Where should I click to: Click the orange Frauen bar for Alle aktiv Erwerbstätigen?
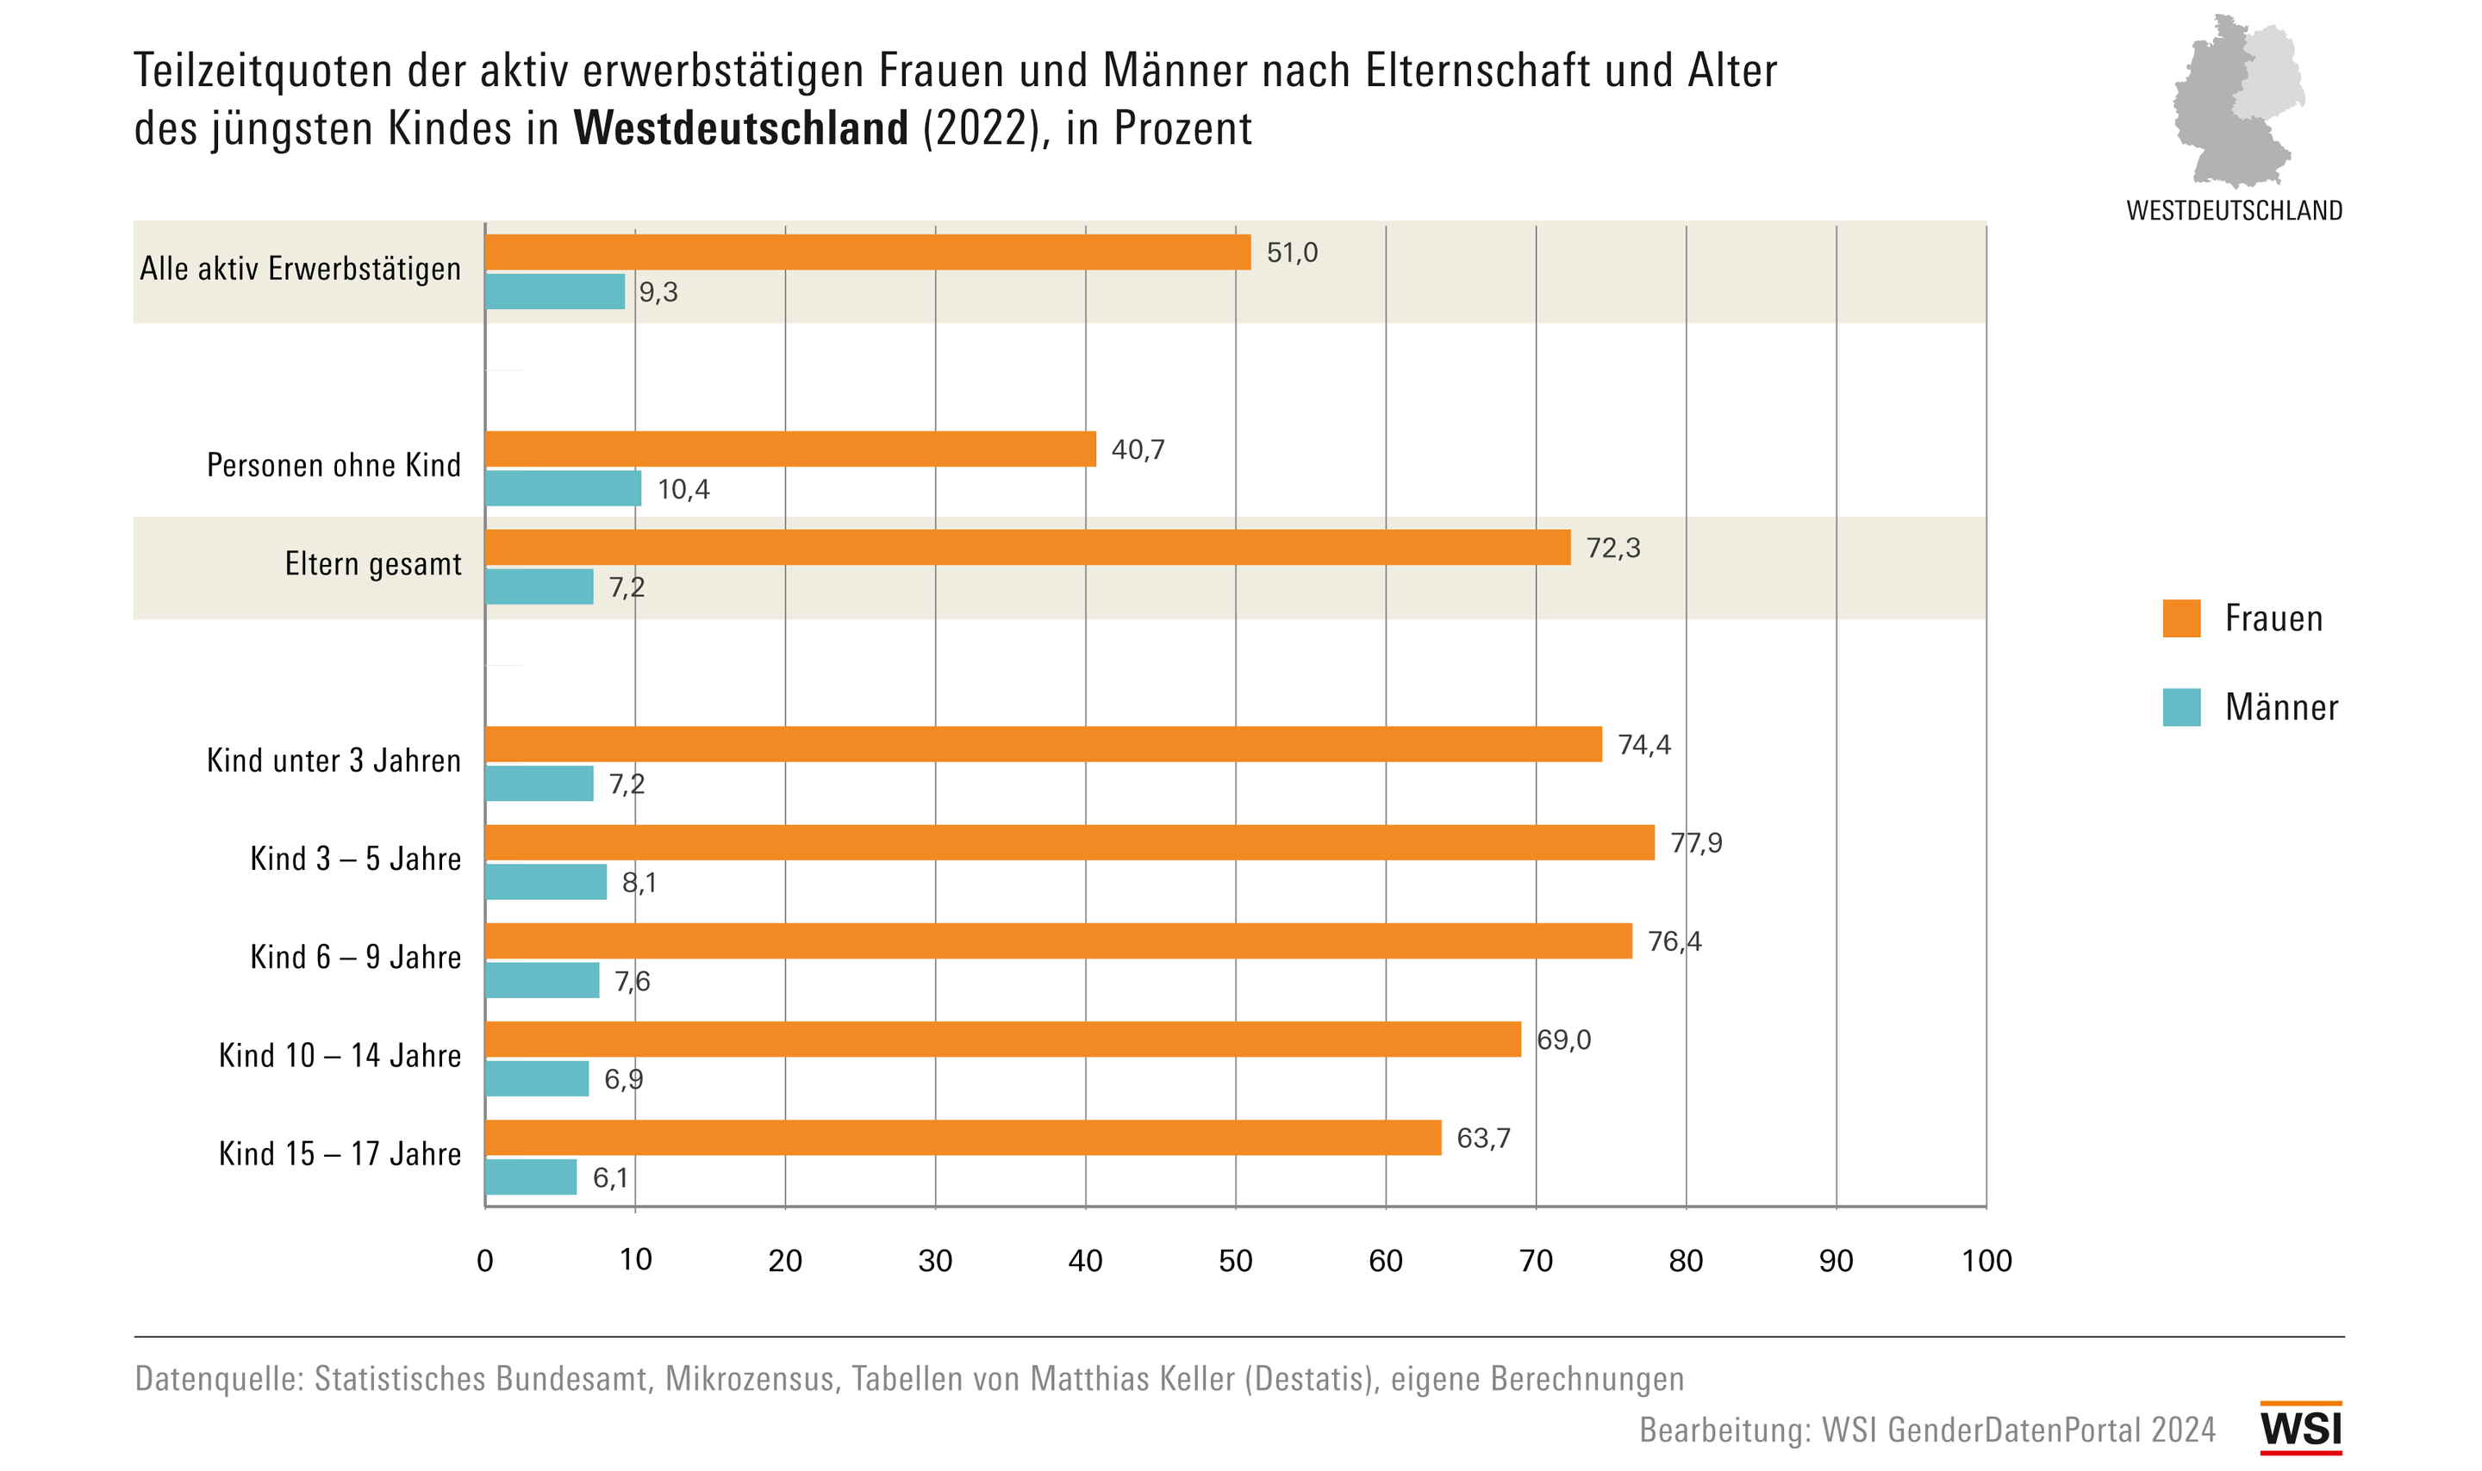tap(868, 251)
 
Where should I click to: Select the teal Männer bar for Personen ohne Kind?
tap(564, 488)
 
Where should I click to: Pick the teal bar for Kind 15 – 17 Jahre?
tap(531, 1177)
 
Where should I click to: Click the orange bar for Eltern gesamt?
tap(1027, 547)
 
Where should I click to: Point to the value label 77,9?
tap(1696, 843)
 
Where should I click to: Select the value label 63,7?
tap(1482, 1139)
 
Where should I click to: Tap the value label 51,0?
tap(1292, 252)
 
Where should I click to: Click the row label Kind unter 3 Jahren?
tap(334, 761)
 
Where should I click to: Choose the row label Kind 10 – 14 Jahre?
tap(340, 1056)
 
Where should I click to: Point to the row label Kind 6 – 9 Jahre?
tap(356, 958)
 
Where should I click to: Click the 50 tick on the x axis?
tap(1236, 1261)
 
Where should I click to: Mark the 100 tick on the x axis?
tap(1986, 1261)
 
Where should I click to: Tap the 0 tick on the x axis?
tap(485, 1261)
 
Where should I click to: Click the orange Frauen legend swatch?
tap(2181, 618)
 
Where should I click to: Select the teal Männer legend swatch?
tap(2181, 707)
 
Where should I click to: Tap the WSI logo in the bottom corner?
tap(2300, 1429)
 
